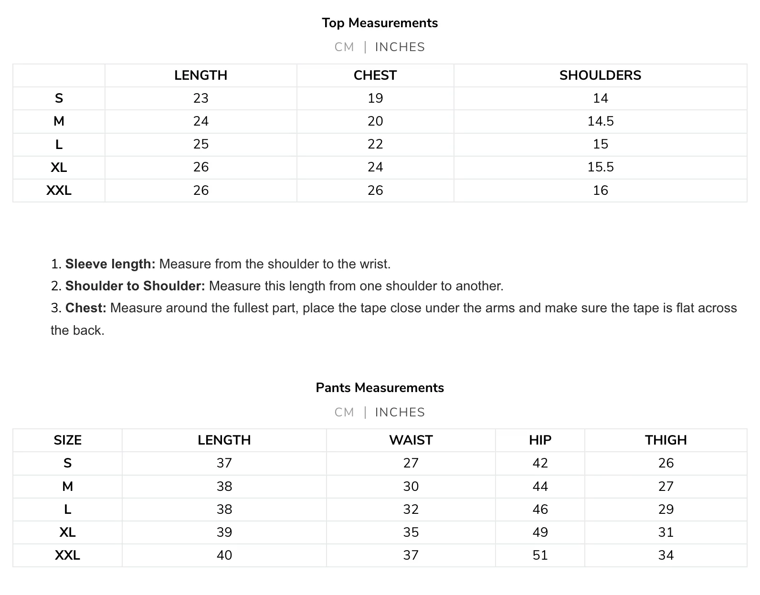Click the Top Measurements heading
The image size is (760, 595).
tap(380, 23)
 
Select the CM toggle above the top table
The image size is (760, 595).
tap(344, 47)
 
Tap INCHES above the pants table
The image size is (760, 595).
tap(400, 412)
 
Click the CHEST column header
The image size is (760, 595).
tap(375, 75)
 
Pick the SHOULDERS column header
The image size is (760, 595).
tap(600, 75)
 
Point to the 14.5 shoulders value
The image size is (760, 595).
tap(600, 121)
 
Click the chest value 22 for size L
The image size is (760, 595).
tap(375, 144)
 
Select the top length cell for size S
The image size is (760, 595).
tap(201, 98)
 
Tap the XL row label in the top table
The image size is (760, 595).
tap(59, 167)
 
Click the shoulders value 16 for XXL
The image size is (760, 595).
tap(600, 191)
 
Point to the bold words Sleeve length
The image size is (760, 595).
tap(110, 264)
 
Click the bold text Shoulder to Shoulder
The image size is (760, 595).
tap(135, 286)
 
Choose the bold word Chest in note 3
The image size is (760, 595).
tap(85, 308)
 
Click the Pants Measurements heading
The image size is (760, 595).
tap(380, 388)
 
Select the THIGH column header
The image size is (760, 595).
tap(665, 440)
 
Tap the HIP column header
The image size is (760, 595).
tap(540, 440)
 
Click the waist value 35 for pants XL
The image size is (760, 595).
tap(411, 532)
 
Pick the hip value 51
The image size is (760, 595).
tap(540, 555)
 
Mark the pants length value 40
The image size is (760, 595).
tap(224, 555)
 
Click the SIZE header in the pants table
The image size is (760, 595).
tap(67, 440)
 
